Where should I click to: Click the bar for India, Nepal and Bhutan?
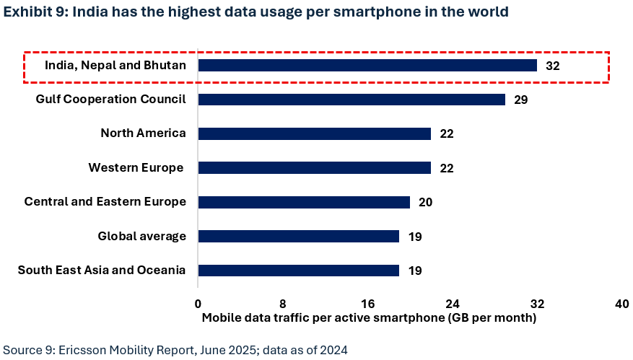(x=367, y=66)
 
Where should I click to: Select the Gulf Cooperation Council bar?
(x=352, y=100)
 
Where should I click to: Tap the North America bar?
(x=314, y=133)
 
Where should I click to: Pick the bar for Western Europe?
(x=314, y=167)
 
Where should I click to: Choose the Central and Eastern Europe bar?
(x=304, y=202)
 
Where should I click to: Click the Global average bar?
(x=298, y=236)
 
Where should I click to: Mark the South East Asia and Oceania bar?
(x=298, y=271)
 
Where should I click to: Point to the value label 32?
(x=553, y=66)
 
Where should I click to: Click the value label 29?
(x=521, y=100)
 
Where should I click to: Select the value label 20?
(x=425, y=202)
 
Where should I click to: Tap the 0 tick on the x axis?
(x=198, y=304)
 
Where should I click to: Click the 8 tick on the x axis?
(x=283, y=304)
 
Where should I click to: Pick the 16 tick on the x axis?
(x=367, y=304)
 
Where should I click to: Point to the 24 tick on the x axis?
(x=453, y=304)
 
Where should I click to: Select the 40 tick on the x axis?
(x=621, y=304)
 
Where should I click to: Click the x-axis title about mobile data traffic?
(x=369, y=317)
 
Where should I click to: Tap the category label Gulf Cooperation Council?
(x=111, y=99)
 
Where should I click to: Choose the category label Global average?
(x=141, y=236)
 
